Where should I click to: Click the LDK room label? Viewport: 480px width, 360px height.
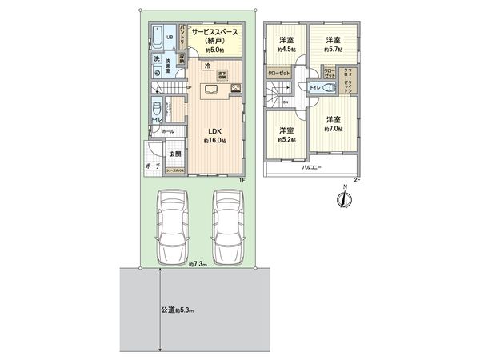[215, 132]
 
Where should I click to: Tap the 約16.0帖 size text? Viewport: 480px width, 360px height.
[215, 141]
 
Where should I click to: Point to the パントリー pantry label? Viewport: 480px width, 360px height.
[182, 37]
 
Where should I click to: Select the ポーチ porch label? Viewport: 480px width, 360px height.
[152, 166]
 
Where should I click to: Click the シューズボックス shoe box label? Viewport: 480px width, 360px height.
[176, 171]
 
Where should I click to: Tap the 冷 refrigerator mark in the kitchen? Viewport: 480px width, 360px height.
[206, 66]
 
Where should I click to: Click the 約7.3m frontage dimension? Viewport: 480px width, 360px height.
[198, 262]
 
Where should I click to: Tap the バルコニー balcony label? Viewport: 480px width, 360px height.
[312, 168]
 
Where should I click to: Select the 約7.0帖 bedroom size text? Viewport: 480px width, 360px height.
[334, 128]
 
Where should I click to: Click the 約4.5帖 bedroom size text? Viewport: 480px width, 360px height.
[286, 48]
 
